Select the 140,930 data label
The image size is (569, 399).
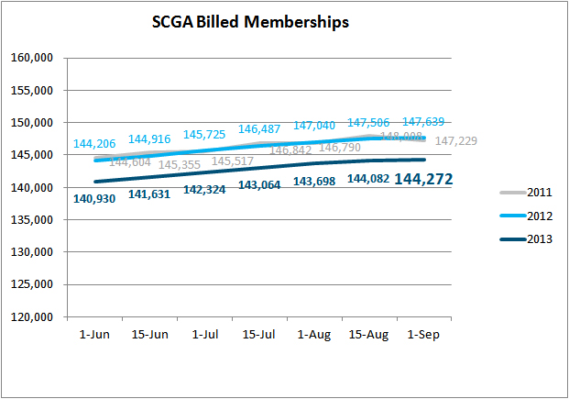[x=96, y=199]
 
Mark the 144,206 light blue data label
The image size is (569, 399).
[x=95, y=144]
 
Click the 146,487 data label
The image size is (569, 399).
[x=259, y=130]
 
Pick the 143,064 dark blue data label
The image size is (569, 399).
[x=259, y=185]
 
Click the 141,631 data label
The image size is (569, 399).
[x=151, y=194]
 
